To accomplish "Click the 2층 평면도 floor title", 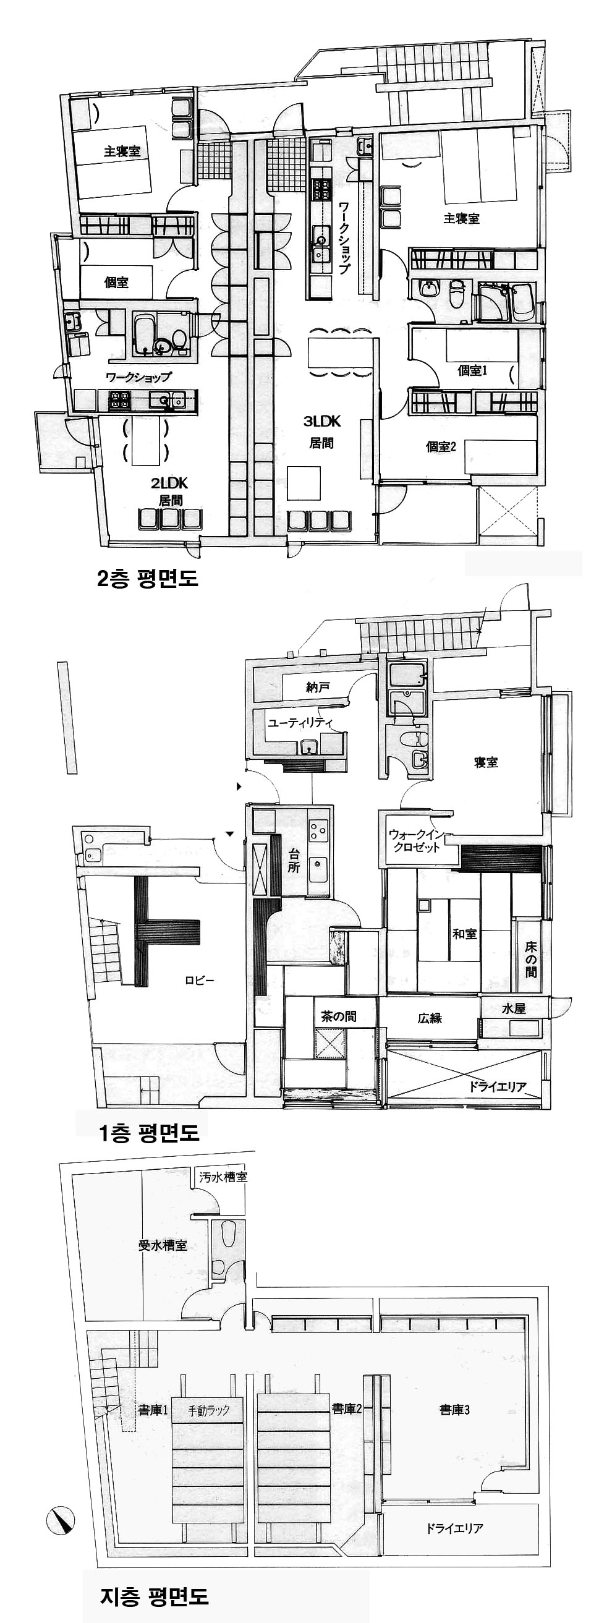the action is pos(148,577).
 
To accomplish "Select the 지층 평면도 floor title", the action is pos(155,1596).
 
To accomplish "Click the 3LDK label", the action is pos(322,422).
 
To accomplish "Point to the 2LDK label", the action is pos(169,483).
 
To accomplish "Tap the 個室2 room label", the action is pos(441,446).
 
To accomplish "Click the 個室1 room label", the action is pos(472,370).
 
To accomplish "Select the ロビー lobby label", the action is pos(200,981).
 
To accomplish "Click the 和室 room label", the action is pos(465,934).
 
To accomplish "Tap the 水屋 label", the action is pos(514,1008).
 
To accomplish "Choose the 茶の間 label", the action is pos(339,1016).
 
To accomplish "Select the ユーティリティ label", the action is pos(300,723).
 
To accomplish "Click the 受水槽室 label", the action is pos(163,1245).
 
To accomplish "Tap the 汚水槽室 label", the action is pos(224,1177).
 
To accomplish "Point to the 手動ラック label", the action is pos(209,1411).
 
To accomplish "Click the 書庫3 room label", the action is pos(454,1410).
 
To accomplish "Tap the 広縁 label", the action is pos(430,1018).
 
